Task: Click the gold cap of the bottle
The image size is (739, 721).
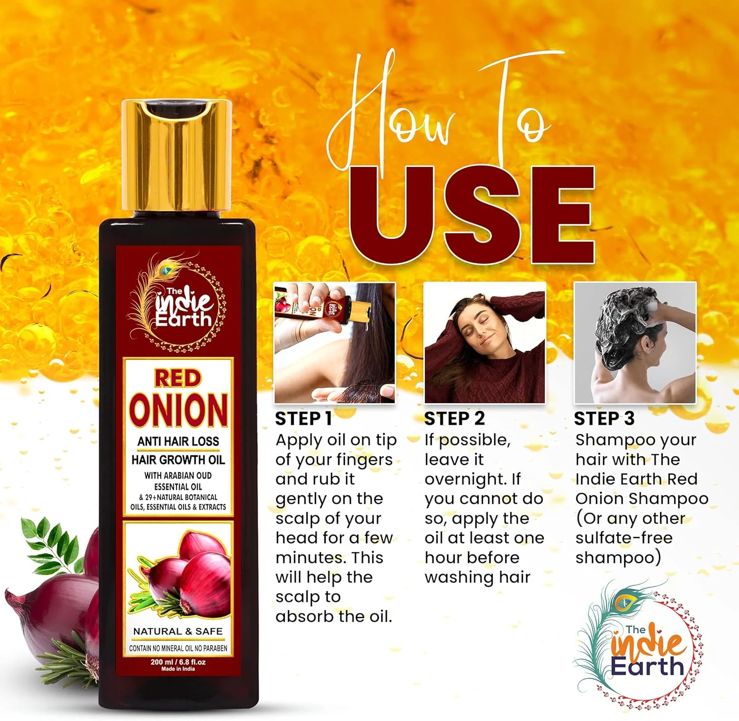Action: (x=176, y=157)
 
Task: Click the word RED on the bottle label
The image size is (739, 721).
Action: (x=178, y=378)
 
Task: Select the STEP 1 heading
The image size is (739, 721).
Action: (x=303, y=418)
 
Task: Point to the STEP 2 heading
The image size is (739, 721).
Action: (x=454, y=418)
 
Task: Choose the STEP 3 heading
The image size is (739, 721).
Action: (x=605, y=418)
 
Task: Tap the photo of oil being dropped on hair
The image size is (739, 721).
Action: (x=335, y=343)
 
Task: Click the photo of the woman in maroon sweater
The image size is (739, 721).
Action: (x=485, y=343)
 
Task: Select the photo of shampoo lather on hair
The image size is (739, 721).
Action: (x=635, y=343)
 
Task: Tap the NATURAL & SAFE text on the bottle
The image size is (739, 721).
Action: (x=178, y=631)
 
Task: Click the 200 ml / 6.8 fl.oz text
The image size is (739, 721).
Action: (x=178, y=662)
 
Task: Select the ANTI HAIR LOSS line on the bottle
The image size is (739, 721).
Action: (x=178, y=441)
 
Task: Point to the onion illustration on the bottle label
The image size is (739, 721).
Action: (x=180, y=572)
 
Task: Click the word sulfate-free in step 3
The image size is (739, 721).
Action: (x=624, y=538)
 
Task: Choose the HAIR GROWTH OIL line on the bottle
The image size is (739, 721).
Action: (x=178, y=460)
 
